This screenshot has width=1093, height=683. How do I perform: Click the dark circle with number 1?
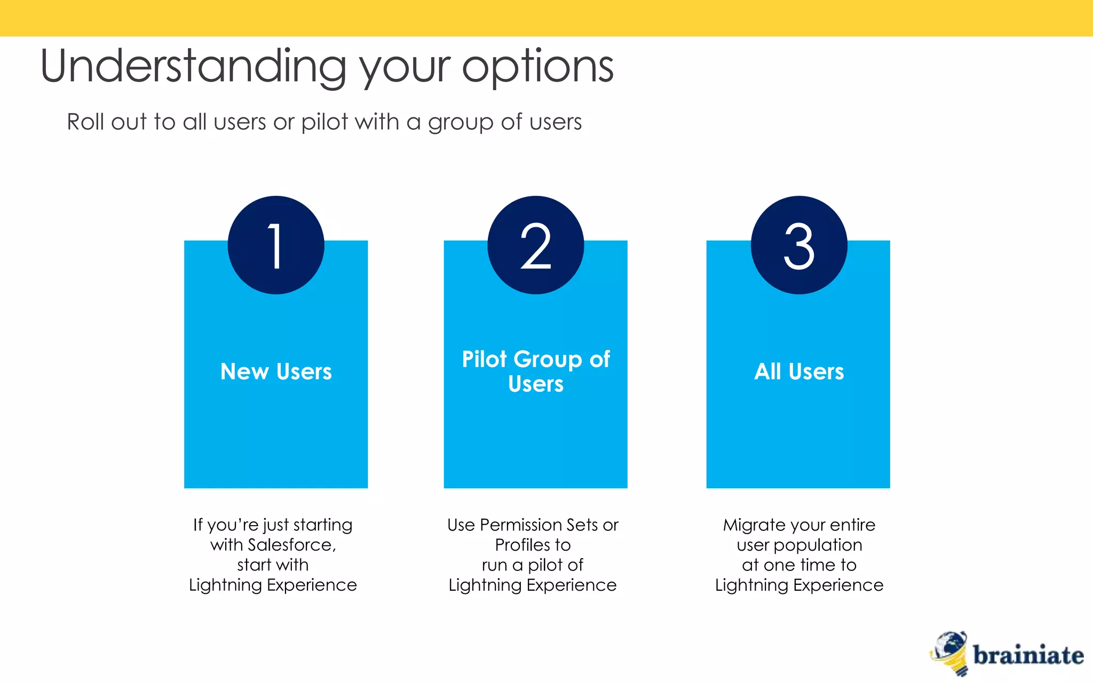tap(276, 245)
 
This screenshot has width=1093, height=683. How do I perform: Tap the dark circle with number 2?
tap(535, 245)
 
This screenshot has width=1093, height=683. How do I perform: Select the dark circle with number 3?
tap(799, 245)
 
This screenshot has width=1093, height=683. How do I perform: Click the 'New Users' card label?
tap(276, 371)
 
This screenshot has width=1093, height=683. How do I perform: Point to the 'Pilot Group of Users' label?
tap(535, 371)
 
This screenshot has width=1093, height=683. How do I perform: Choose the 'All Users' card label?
tap(799, 371)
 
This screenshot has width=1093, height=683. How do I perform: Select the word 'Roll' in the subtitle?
tap(85, 122)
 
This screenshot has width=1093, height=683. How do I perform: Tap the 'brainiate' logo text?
tap(1028, 655)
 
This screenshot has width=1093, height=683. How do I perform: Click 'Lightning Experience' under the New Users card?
tap(273, 585)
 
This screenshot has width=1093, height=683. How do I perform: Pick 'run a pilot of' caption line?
tap(532, 565)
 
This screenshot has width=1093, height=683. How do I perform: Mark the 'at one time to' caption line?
tap(799, 565)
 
